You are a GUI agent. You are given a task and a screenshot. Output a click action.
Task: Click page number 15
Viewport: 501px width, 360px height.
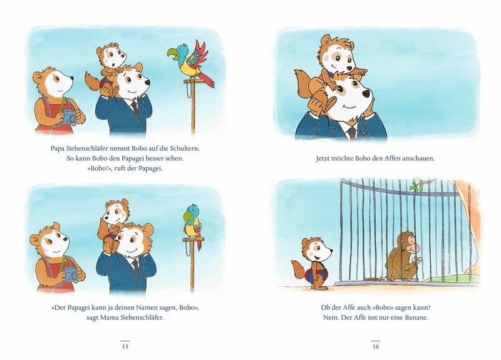125,346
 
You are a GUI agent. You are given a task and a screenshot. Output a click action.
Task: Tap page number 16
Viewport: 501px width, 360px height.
375,346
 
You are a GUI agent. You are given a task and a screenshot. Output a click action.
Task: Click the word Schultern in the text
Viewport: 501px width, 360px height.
185,148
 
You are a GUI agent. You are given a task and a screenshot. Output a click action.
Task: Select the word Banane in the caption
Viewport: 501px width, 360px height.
416,317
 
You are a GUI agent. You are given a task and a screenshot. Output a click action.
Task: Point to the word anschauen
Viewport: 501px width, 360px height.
418,158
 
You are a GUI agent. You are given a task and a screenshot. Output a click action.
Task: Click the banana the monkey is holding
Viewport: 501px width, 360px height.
416,260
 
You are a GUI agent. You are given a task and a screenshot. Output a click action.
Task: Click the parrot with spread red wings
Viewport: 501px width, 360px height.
191,62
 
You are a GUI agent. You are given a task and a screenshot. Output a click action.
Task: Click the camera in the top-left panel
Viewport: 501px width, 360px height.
70,116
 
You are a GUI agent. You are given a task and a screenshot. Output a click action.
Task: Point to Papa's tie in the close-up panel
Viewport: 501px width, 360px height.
352,132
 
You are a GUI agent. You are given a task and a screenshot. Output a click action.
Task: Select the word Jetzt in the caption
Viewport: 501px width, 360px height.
323,158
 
